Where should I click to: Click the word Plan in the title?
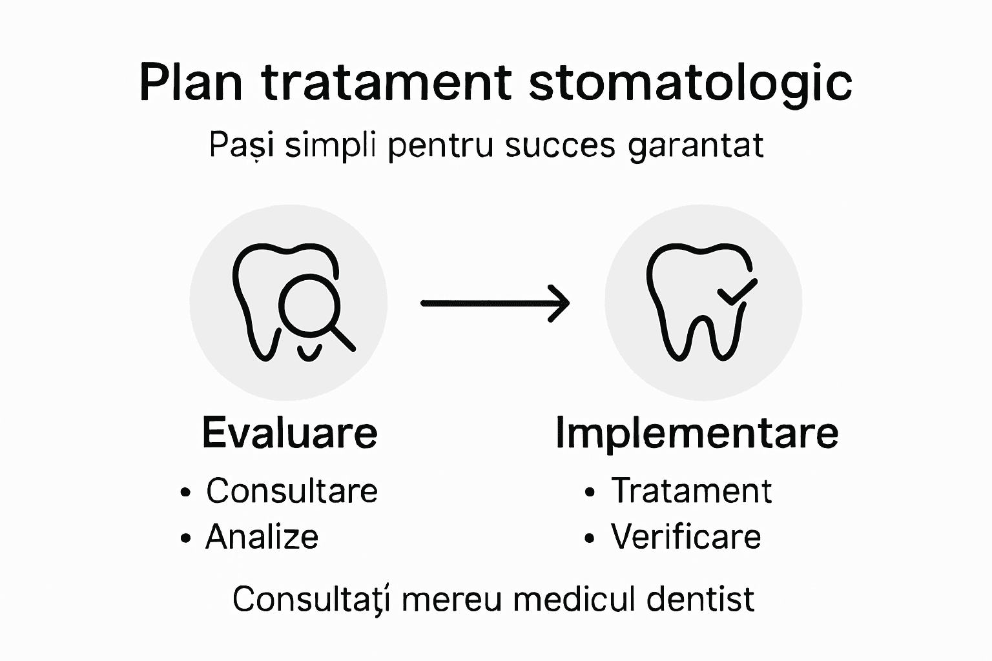click(x=191, y=83)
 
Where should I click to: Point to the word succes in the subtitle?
click(x=560, y=146)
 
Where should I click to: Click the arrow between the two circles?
click(x=495, y=303)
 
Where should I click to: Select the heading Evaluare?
click(x=289, y=432)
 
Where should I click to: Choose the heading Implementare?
click(x=697, y=434)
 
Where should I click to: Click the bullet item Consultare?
click(x=292, y=491)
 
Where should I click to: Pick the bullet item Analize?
click(x=262, y=537)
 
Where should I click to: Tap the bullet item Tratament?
click(x=691, y=491)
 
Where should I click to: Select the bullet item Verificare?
click(x=686, y=537)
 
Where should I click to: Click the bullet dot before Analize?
click(x=186, y=538)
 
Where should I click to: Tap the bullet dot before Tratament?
click(x=589, y=493)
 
